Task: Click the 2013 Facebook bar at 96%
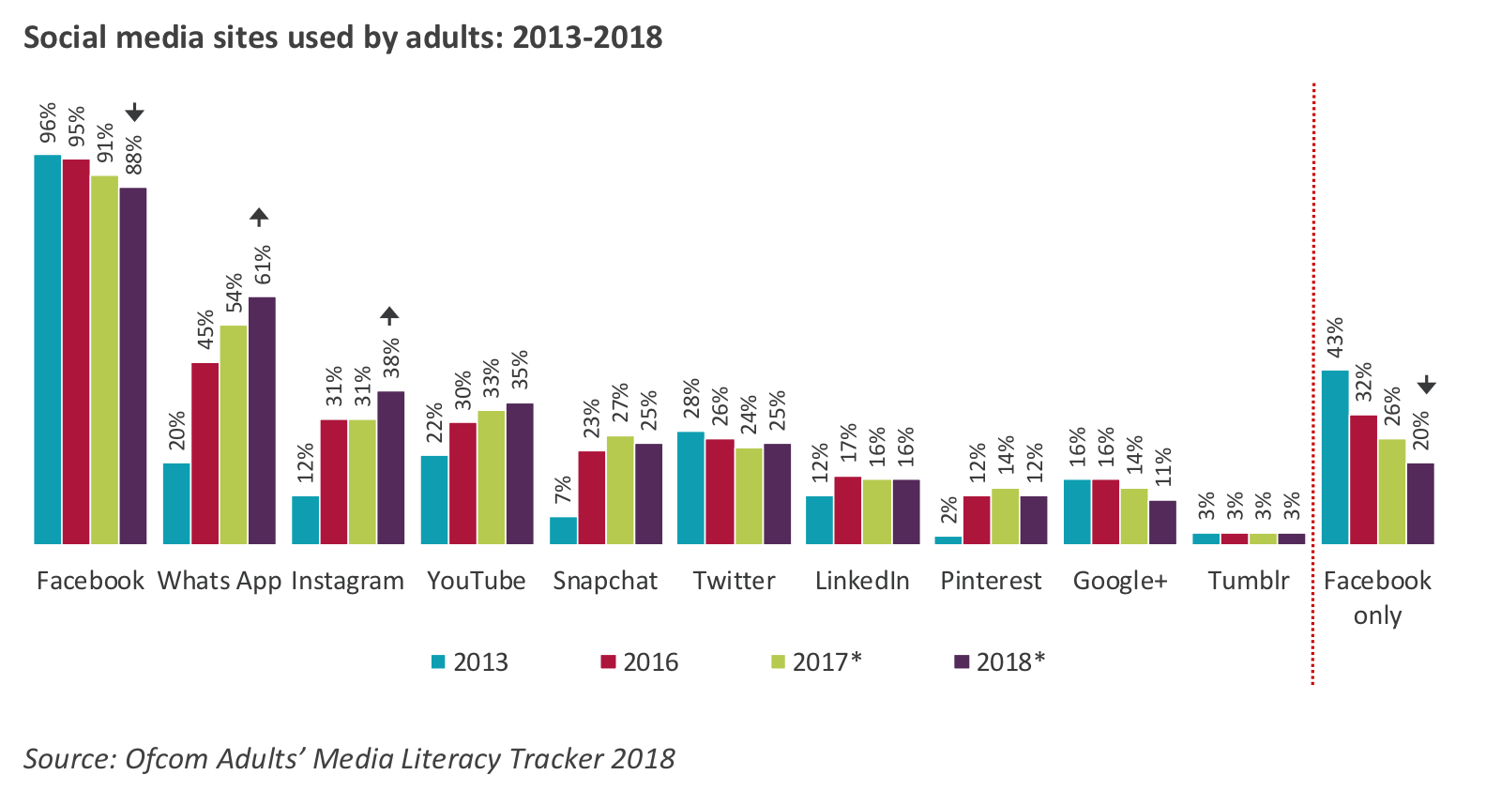(x=48, y=349)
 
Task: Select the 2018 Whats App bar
(x=262, y=420)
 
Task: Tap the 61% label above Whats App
(x=263, y=265)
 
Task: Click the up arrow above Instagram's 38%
(x=389, y=316)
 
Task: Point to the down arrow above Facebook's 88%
(x=134, y=113)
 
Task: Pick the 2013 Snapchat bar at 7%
(x=563, y=530)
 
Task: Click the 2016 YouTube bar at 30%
(x=462, y=483)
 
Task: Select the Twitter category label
(x=734, y=581)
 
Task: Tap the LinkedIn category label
(x=861, y=581)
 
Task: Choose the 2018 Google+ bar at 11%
(x=1162, y=522)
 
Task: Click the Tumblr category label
(x=1248, y=581)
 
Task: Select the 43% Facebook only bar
(x=1335, y=457)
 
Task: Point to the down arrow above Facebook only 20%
(x=1426, y=385)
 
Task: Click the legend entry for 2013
(x=469, y=662)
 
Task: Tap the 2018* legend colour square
(x=961, y=662)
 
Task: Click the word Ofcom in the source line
(x=166, y=758)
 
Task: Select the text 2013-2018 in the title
(x=587, y=38)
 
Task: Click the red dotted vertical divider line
(x=1312, y=375)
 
